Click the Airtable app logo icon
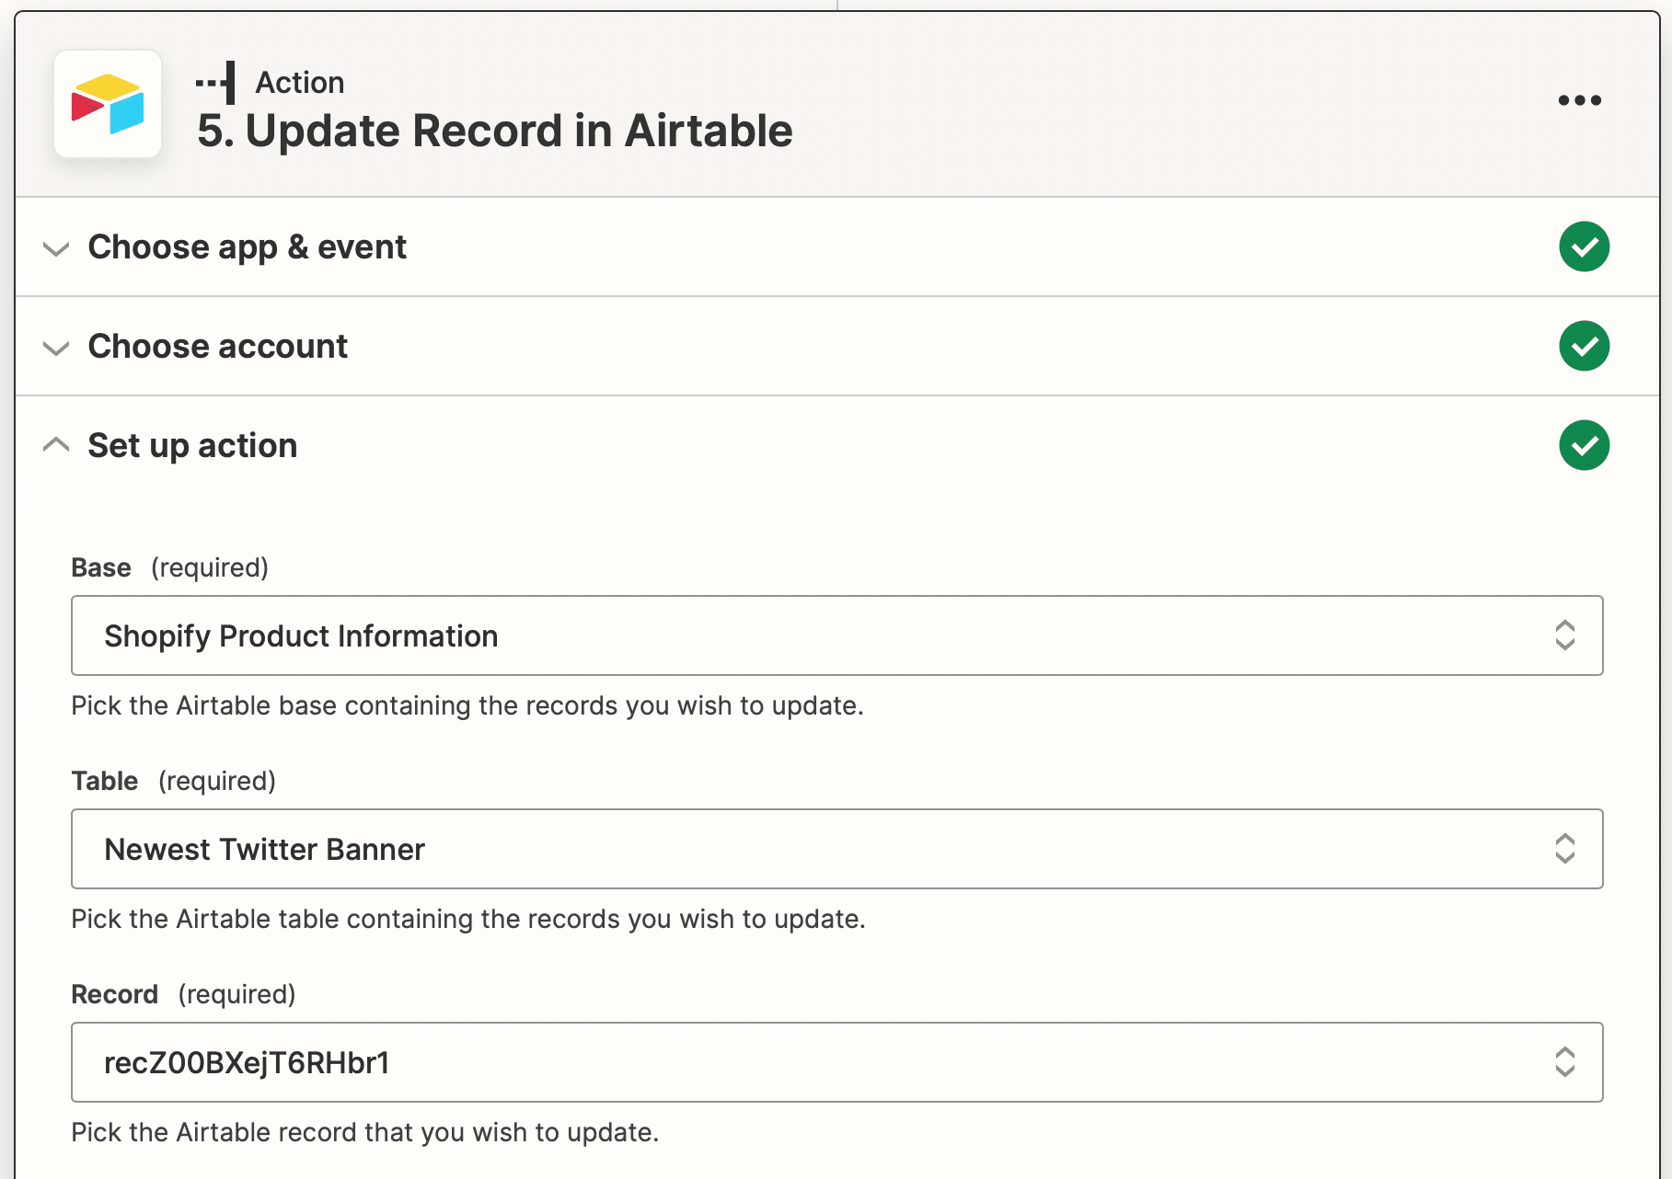tap(108, 104)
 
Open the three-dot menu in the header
tap(1579, 100)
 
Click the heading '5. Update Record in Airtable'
tap(495, 131)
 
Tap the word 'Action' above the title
tap(300, 83)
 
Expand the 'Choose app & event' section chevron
tap(56, 248)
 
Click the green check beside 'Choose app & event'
tap(1584, 246)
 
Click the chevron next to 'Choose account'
tap(56, 348)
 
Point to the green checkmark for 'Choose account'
tap(1584, 346)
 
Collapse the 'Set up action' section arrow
tap(56, 445)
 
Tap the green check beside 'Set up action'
tap(1584, 445)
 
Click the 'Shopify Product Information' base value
tap(301, 636)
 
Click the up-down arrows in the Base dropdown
tap(1564, 635)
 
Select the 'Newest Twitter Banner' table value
tap(264, 850)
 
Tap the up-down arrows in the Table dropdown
tap(1564, 849)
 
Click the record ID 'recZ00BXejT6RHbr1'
tap(247, 1063)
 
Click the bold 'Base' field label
tap(101, 567)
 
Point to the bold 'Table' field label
tap(105, 781)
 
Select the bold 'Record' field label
tap(115, 994)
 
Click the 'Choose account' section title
tap(218, 347)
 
